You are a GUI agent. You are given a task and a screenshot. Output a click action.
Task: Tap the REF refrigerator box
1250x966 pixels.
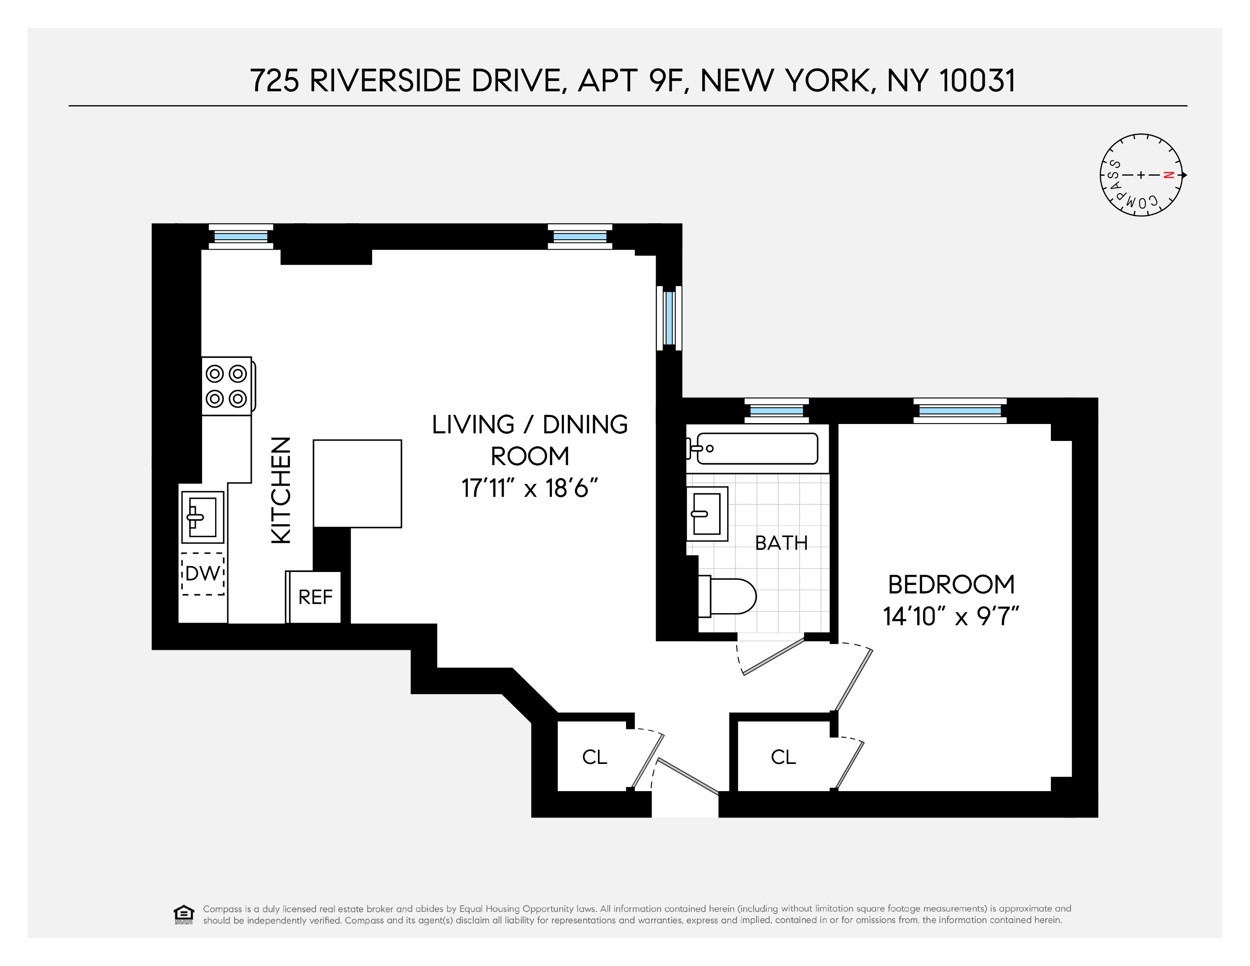click(x=315, y=597)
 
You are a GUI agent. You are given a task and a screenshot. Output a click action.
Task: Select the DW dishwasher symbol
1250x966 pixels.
click(x=203, y=573)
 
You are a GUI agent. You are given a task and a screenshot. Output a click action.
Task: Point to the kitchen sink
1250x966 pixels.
click(x=203, y=517)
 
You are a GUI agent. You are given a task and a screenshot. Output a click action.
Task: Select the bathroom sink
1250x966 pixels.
click(x=707, y=514)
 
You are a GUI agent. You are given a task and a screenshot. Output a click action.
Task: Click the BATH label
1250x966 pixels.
click(x=781, y=543)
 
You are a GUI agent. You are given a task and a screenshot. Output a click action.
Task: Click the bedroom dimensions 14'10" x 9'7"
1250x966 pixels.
click(x=951, y=617)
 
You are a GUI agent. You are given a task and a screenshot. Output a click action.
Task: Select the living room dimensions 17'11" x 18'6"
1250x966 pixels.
click(x=530, y=489)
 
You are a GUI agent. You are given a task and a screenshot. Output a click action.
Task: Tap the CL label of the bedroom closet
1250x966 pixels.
click(x=783, y=757)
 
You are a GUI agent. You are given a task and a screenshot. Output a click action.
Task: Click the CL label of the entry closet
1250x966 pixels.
click(x=594, y=757)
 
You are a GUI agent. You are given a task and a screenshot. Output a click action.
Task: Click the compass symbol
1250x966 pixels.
click(x=1141, y=175)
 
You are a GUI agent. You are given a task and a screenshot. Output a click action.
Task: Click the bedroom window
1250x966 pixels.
click(x=960, y=410)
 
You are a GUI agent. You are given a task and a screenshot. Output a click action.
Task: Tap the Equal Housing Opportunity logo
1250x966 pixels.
click(x=183, y=915)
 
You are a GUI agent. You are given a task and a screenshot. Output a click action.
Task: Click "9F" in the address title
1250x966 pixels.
click(x=666, y=80)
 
